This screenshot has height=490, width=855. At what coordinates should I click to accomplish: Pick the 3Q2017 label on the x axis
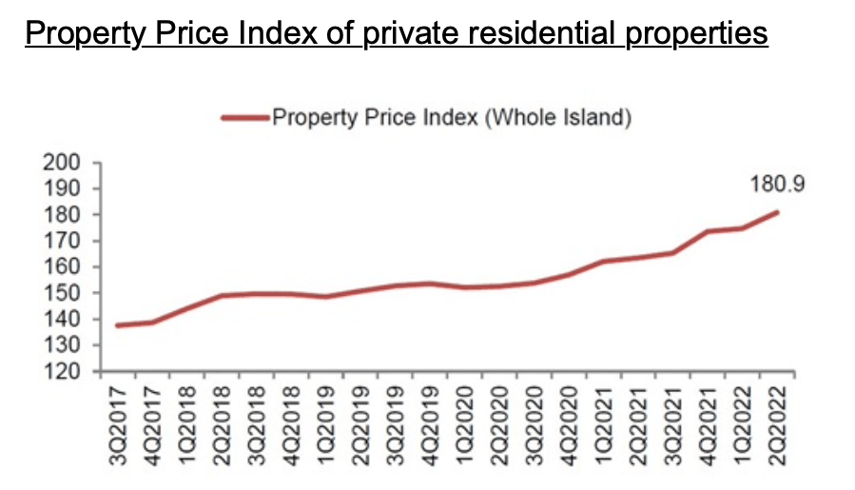pyautogui.click(x=116, y=426)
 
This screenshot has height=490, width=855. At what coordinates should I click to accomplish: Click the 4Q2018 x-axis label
pyautogui.click(x=291, y=426)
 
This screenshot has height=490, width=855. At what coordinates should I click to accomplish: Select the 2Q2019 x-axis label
pyautogui.click(x=360, y=426)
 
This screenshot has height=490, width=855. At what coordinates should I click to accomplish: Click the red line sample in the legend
pyautogui.click(x=244, y=119)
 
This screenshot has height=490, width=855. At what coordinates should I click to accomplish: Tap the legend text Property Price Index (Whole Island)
pyautogui.click(x=452, y=119)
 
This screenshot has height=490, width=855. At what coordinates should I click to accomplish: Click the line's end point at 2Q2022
pyautogui.click(x=778, y=212)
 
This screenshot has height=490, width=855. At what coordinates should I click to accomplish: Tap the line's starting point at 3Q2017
pyautogui.click(x=116, y=325)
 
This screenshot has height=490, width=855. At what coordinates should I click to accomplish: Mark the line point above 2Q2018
pyautogui.click(x=221, y=296)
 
